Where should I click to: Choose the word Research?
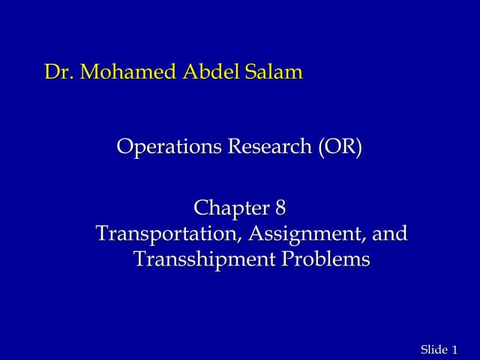[x=268, y=146]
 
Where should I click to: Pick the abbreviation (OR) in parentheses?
[x=339, y=146]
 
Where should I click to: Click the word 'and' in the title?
[x=391, y=233]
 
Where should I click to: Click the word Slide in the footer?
[x=433, y=350]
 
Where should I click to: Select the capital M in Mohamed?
[x=89, y=73]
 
